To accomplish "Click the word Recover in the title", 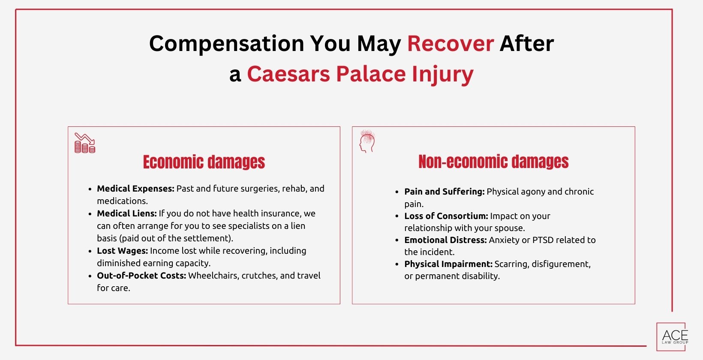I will click(x=450, y=44).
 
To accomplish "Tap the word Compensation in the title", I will click(x=226, y=44).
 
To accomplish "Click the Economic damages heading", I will click(x=204, y=162).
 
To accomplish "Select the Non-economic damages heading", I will click(x=493, y=162).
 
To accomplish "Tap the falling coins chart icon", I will click(x=84, y=143).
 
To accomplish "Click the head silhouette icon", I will click(x=367, y=141).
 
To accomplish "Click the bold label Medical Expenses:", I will click(x=135, y=189).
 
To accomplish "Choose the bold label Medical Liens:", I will click(x=127, y=213).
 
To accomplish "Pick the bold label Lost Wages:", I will click(x=122, y=251).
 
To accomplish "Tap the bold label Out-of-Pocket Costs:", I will click(x=141, y=276).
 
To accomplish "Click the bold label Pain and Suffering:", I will click(x=444, y=192).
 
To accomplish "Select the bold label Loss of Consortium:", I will click(x=446, y=216).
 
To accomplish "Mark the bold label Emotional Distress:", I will click(x=445, y=240).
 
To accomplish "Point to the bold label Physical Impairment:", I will click(x=448, y=264).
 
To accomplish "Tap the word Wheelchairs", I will click(x=213, y=276).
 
